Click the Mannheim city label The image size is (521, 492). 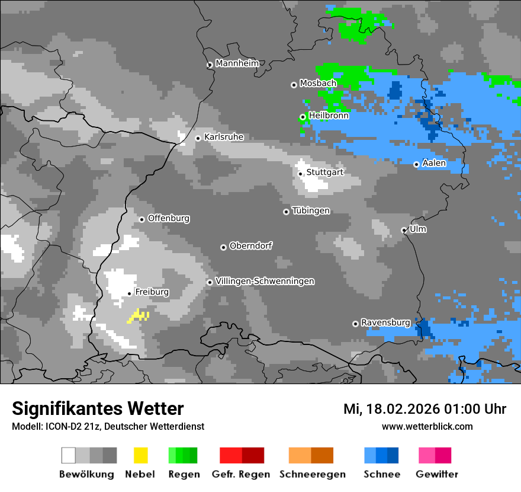coord(237,63)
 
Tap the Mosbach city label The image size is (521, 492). coord(318,84)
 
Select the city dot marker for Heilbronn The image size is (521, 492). coord(303,117)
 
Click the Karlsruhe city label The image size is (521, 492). coord(224,137)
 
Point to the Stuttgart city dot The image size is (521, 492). coord(301,174)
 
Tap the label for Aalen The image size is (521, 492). coord(434,163)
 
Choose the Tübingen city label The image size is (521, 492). coord(311,211)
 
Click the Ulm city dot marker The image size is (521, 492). coord(404,230)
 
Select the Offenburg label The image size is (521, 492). coord(169,218)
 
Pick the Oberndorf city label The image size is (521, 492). coord(251,246)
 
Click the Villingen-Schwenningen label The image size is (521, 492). coord(265,281)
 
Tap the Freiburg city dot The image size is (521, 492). coord(129,293)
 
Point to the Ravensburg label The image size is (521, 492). coord(385,322)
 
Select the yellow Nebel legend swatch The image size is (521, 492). coord(140,455)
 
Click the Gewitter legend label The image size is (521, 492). coord(437,474)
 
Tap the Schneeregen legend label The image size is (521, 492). coord(313,474)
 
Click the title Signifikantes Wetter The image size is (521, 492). coord(98,408)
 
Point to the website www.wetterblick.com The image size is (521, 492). coord(427,426)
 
